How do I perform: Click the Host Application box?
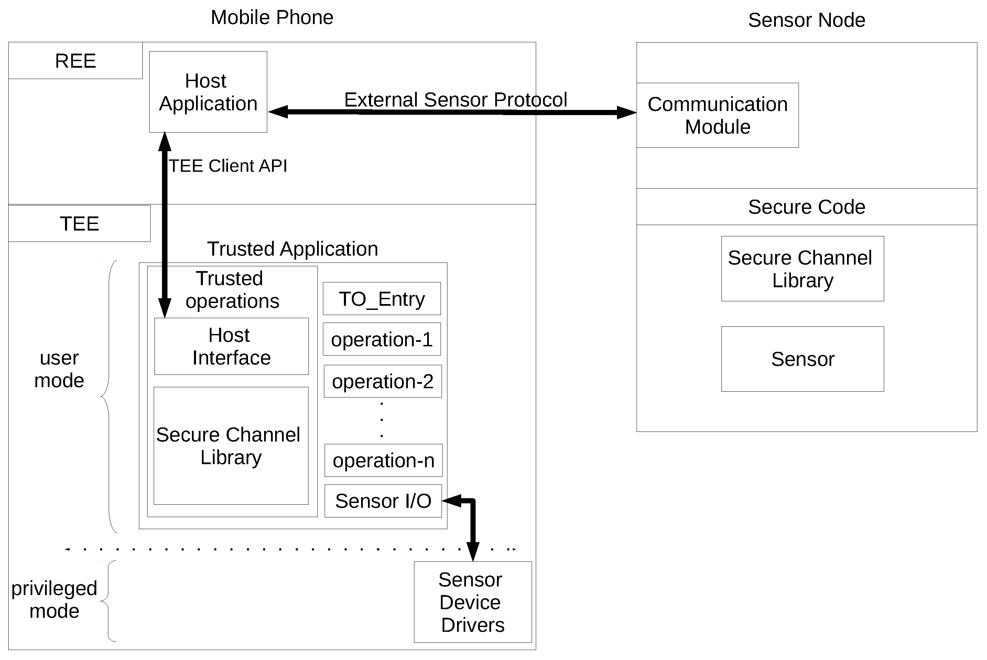click(208, 92)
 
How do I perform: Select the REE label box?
click(75, 60)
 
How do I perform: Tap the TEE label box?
click(79, 224)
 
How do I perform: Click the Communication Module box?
click(717, 115)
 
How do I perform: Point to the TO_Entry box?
click(381, 299)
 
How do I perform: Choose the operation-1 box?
click(381, 339)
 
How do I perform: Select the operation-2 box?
click(382, 381)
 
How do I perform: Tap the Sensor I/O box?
click(382, 501)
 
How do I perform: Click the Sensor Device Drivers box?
click(472, 602)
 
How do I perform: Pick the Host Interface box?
click(231, 346)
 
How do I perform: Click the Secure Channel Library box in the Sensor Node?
click(802, 269)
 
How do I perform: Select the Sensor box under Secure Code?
click(802, 359)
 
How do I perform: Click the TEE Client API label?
click(228, 166)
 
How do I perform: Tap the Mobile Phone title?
click(272, 18)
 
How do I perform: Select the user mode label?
click(59, 369)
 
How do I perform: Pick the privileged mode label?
click(54, 600)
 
